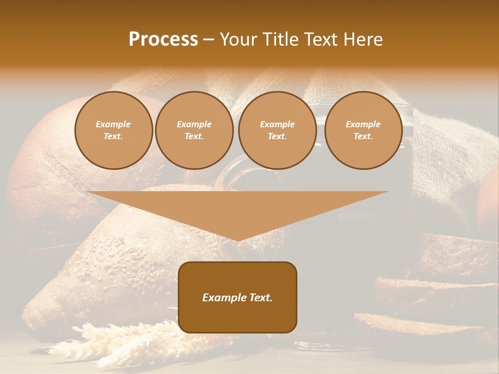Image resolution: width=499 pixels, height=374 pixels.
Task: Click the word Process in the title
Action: [163, 39]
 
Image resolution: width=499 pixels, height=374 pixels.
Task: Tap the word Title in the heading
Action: [283, 39]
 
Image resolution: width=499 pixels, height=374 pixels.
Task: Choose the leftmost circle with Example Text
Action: [113, 130]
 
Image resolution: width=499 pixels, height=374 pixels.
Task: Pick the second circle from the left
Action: [194, 130]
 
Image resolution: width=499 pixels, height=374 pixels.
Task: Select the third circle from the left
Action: [277, 130]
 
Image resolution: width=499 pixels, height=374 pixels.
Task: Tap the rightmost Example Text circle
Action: [363, 130]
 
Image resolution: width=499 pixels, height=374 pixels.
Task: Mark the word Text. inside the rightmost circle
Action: [363, 137]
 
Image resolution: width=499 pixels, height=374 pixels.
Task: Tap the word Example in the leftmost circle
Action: [113, 124]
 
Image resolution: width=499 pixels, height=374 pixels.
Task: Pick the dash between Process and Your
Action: [209, 39]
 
